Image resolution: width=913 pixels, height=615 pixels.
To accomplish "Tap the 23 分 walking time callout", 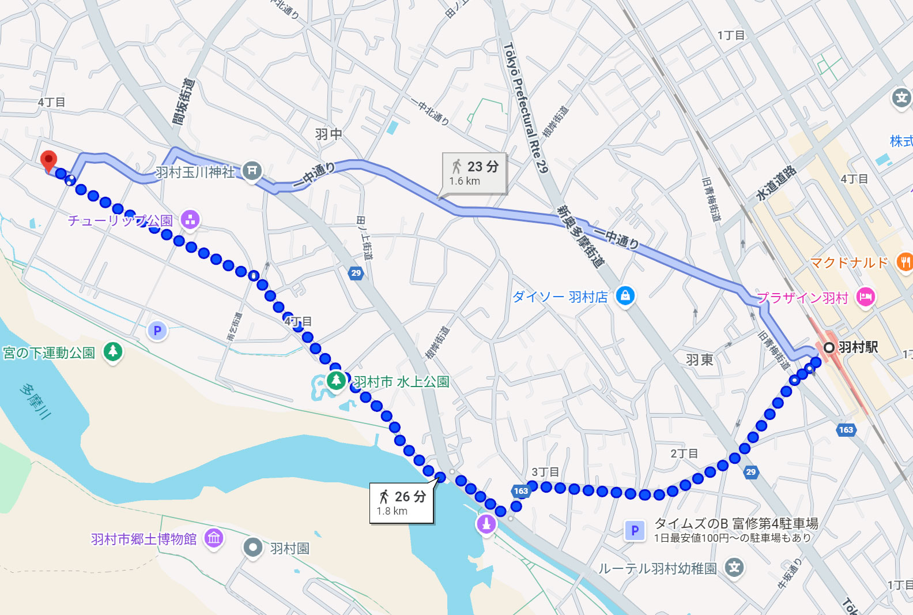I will tap(474, 172).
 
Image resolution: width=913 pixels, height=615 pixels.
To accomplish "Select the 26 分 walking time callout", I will tap(401, 502).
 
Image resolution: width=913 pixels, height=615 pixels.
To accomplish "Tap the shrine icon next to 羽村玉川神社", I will tap(252, 171).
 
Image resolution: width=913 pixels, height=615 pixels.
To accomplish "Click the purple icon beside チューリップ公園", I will tap(190, 220).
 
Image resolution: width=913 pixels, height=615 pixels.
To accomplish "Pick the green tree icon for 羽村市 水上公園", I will tap(335, 381).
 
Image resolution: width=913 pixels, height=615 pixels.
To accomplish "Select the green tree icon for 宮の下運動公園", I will tap(113, 351).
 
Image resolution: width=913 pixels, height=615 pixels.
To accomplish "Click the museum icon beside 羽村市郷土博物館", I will tap(214, 538).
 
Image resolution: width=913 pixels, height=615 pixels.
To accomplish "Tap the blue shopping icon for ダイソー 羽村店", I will tap(625, 296).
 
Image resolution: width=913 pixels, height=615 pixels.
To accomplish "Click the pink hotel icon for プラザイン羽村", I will tap(865, 297).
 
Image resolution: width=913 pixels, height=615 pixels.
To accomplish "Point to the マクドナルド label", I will tap(849, 263).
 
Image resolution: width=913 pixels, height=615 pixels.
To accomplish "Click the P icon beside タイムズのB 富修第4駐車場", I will tap(635, 530).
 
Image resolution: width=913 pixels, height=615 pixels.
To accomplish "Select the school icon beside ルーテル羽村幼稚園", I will tap(734, 567).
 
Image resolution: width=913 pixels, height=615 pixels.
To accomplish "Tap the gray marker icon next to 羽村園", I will tap(253, 547).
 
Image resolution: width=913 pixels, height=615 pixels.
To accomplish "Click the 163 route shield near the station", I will tap(846, 430).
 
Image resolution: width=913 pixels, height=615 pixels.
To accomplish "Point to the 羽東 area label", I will tap(700, 360).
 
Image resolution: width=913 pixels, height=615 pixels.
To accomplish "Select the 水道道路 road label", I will tap(776, 183).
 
